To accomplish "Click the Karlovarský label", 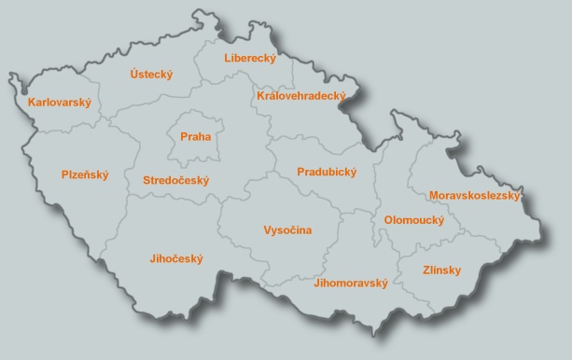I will pyautogui.click(x=60, y=103).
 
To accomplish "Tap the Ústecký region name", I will pyautogui.click(x=152, y=75).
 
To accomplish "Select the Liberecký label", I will pyautogui.click(x=250, y=59).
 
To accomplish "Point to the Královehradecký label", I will pyautogui.click(x=300, y=96).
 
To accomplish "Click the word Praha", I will pyautogui.click(x=197, y=137).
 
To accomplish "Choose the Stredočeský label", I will pyautogui.click(x=176, y=180).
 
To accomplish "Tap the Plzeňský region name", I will pyautogui.click(x=85, y=174).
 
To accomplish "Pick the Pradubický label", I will pyautogui.click(x=327, y=173).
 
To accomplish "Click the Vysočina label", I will pyautogui.click(x=287, y=229).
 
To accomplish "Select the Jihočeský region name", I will pyautogui.click(x=175, y=259).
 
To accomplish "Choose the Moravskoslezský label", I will pyautogui.click(x=474, y=196).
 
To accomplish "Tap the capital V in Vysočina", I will pyautogui.click(x=268, y=229).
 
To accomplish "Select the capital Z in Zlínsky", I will pyautogui.click(x=402, y=270).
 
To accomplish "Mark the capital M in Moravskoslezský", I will pyautogui.click(x=434, y=196).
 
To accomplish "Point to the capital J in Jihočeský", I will pyautogui.click(x=151, y=259).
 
